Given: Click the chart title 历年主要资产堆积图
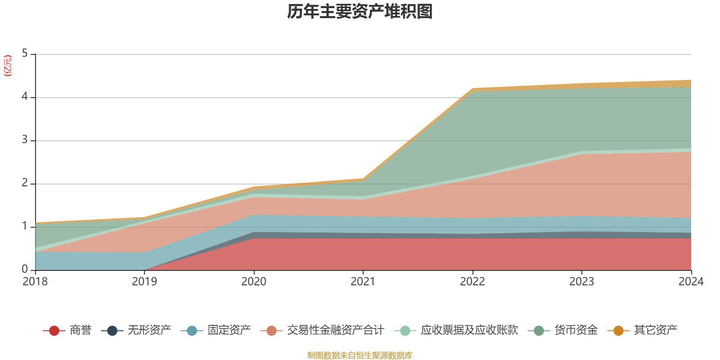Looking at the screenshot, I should (360, 12).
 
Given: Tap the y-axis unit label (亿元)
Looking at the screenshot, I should (8, 66).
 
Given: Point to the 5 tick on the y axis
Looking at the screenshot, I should (25, 54).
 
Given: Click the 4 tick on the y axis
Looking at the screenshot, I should (25, 97).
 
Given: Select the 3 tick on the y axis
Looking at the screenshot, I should (25, 140).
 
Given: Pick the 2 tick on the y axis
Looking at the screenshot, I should (25, 183).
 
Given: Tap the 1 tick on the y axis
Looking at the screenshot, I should (25, 226).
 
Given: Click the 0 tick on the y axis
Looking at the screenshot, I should (25, 269).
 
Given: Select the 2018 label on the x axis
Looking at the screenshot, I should (35, 282).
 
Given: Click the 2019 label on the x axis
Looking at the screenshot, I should (144, 282).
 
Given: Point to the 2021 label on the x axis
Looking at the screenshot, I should (363, 282).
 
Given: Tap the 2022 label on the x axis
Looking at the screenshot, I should (472, 282).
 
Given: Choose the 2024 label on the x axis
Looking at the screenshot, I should (691, 282).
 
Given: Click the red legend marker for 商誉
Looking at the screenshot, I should (54, 331).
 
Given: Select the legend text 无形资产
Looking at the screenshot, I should (149, 330).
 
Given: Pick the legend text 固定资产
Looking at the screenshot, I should (229, 330).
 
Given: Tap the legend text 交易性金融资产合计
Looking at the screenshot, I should (335, 330).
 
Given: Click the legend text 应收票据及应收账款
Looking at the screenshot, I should (469, 330).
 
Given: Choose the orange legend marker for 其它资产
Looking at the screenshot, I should (618, 331).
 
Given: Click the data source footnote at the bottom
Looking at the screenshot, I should (360, 355).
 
